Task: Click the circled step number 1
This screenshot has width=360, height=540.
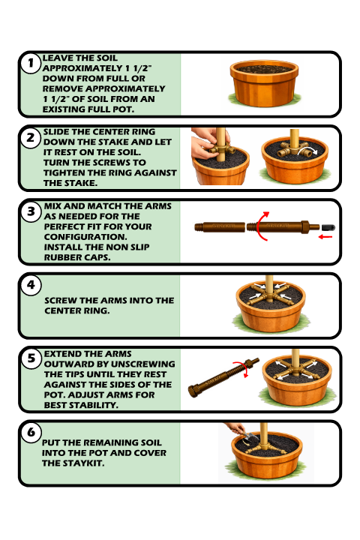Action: click(x=31, y=63)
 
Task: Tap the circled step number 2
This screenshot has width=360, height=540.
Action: click(x=31, y=138)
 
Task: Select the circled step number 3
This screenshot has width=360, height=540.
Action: click(x=31, y=211)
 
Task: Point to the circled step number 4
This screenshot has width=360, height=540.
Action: click(x=31, y=285)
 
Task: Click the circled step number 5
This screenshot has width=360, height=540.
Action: click(x=31, y=358)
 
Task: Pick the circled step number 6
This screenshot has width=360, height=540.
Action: click(x=31, y=432)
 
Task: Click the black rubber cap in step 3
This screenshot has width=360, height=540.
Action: click(x=328, y=227)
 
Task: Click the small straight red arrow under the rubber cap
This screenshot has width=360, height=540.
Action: click(x=325, y=236)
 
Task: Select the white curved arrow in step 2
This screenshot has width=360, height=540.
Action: click(x=308, y=149)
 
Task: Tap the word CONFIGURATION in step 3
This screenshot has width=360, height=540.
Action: click(x=85, y=237)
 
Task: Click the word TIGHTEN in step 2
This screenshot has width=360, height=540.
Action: click(x=65, y=172)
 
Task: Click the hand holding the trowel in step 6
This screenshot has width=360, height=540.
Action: click(x=235, y=429)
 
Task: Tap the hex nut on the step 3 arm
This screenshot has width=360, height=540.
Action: click(x=305, y=227)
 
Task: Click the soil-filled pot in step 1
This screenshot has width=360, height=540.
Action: click(x=264, y=84)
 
